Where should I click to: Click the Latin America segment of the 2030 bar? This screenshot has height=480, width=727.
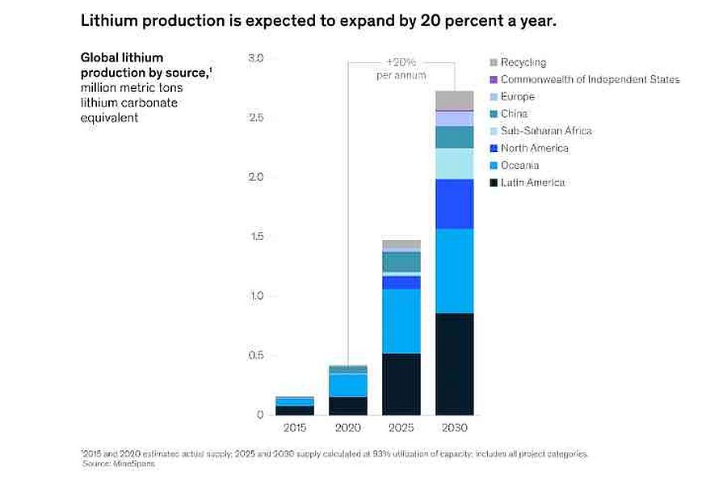click(x=454, y=364)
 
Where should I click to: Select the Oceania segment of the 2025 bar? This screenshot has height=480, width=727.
click(x=401, y=321)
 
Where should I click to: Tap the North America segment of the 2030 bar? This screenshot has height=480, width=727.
click(x=454, y=204)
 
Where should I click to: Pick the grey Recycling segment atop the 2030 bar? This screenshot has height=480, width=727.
click(x=454, y=99)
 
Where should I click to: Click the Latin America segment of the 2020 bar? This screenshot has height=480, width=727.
click(x=348, y=406)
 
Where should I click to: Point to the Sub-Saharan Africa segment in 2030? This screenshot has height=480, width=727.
click(x=454, y=163)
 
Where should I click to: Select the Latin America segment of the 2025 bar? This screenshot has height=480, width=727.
click(x=401, y=384)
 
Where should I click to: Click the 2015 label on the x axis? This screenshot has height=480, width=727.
click(x=295, y=427)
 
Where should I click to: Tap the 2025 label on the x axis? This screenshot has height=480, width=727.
click(x=401, y=427)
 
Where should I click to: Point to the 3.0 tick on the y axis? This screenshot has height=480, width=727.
click(x=256, y=58)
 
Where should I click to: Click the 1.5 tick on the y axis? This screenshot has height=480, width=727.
click(x=256, y=237)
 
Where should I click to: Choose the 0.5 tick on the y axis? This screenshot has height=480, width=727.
click(x=256, y=356)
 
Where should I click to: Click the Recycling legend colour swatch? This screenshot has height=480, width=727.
click(x=493, y=62)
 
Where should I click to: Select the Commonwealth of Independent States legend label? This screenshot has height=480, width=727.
click(x=590, y=79)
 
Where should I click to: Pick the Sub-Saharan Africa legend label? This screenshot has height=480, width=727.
click(x=546, y=131)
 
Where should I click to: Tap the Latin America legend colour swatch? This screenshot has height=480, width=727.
click(x=493, y=183)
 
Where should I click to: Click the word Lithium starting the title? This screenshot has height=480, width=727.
click(x=106, y=20)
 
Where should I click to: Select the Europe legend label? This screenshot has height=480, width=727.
click(x=518, y=97)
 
